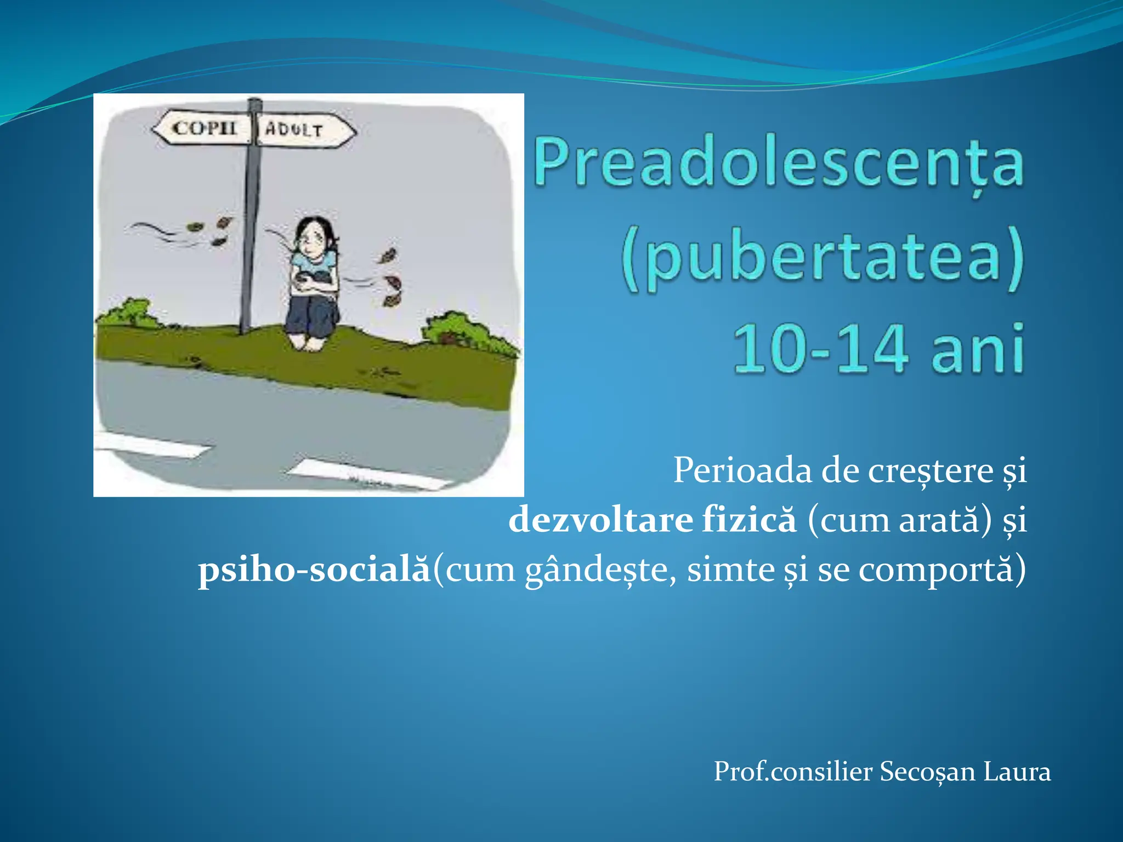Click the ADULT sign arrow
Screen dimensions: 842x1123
[303, 130]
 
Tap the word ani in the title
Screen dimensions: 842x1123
[978, 349]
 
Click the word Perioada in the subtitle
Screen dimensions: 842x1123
[742, 470]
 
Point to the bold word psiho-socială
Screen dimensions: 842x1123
[314, 570]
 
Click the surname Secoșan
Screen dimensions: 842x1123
[928, 772]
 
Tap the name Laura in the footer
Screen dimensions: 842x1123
[1017, 772]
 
